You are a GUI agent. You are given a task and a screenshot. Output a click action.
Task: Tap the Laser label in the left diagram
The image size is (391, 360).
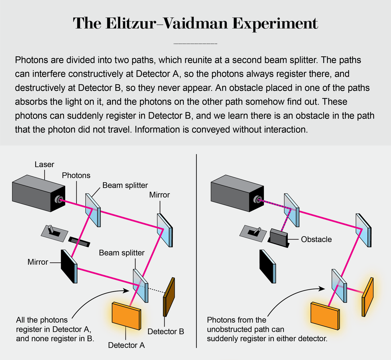pos(44,165)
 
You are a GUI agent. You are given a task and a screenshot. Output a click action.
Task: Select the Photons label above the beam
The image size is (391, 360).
pos(76,175)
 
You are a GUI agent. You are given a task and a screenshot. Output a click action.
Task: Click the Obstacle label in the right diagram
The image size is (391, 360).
pos(316,239)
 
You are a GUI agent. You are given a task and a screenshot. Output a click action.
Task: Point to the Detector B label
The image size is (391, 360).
pos(166,332)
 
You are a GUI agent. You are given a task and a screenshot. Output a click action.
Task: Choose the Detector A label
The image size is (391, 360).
pos(126,345)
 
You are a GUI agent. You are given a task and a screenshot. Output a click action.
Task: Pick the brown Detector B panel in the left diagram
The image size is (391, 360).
pos(169,297)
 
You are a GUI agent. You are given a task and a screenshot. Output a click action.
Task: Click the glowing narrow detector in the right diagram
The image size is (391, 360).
pos(367,297)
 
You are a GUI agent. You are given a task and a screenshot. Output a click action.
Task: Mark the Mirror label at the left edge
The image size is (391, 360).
pos(38,262)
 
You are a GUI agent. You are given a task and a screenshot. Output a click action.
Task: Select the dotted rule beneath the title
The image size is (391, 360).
pos(195,44)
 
